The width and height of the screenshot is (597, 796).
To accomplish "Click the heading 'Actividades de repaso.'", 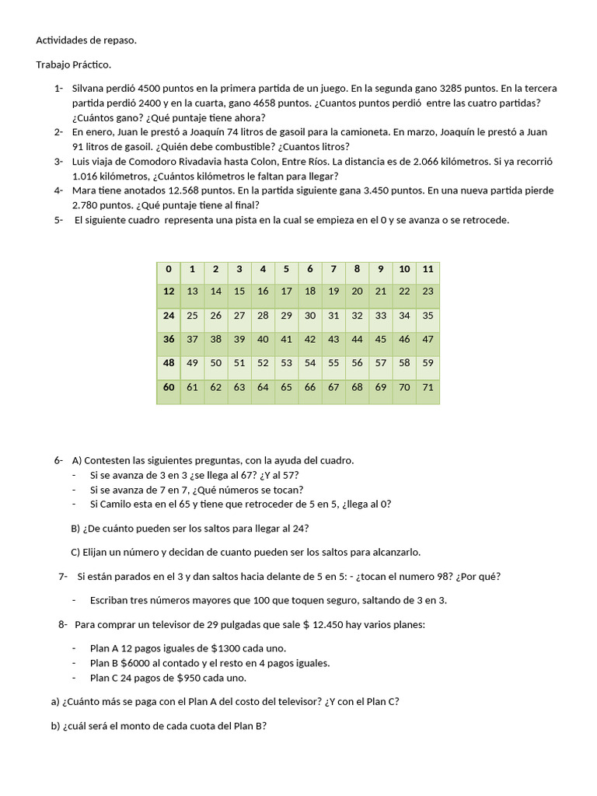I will point(86,40).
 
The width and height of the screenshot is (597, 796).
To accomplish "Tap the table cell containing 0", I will point(169,269).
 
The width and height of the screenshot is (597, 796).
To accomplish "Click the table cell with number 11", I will point(428,269).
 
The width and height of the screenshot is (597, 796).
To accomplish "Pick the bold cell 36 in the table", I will point(169,339).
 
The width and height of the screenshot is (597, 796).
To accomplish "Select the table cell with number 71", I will point(428,386).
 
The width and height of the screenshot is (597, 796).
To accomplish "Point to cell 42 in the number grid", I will point(309,339).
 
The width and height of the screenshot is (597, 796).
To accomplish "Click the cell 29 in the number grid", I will point(286,316).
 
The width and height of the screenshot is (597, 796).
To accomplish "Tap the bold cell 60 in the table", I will point(169,386).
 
